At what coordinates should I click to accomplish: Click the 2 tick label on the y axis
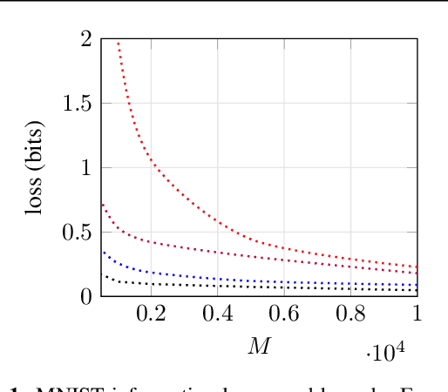(x=86, y=38)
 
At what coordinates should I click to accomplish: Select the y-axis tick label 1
(x=86, y=167)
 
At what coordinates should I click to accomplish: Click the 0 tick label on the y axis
(x=86, y=296)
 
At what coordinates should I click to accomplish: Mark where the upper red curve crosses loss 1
(x=155, y=167)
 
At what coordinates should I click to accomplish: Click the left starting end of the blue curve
(x=104, y=253)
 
